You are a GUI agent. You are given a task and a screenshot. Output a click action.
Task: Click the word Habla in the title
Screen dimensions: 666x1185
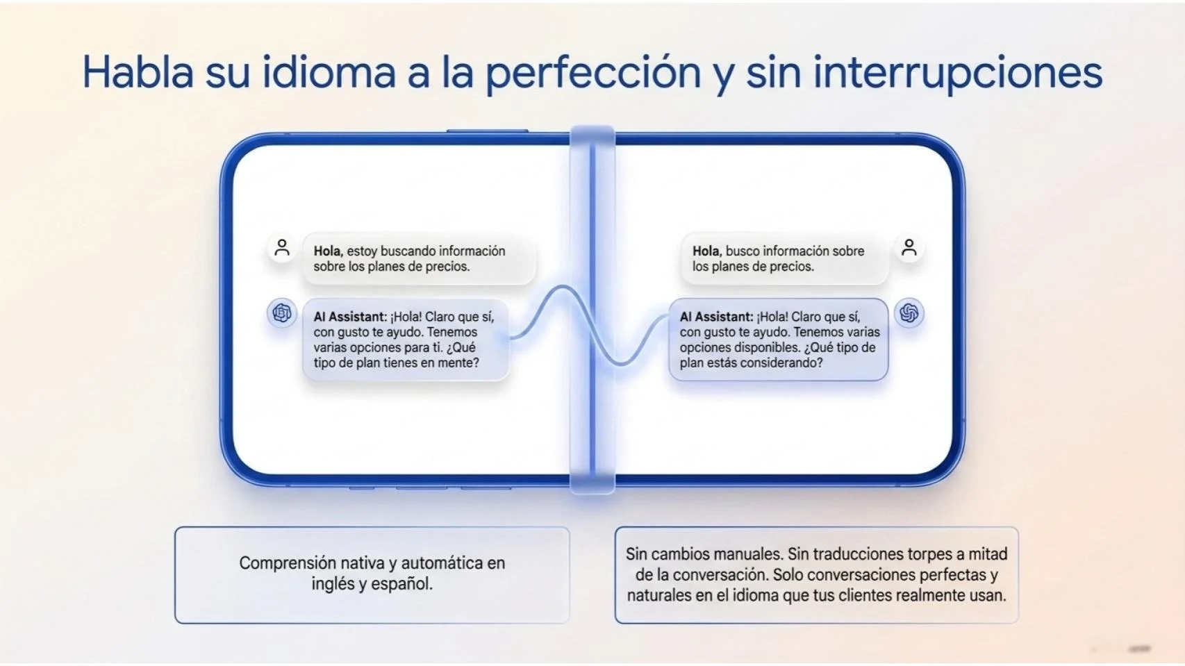coord(138,72)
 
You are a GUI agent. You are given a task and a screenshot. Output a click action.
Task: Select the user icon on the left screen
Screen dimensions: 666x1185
coord(282,248)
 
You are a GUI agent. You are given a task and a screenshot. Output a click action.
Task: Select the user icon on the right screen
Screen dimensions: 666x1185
coord(909,248)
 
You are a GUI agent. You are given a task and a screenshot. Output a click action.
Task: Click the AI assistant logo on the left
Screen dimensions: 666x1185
coord(282,313)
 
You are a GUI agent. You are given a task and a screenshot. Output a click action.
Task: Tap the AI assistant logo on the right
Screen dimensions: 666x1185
coord(909,314)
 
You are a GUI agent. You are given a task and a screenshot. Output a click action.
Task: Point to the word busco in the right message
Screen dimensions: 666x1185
coord(743,251)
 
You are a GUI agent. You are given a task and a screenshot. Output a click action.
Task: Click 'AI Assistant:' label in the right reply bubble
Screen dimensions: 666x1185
coord(716,317)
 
